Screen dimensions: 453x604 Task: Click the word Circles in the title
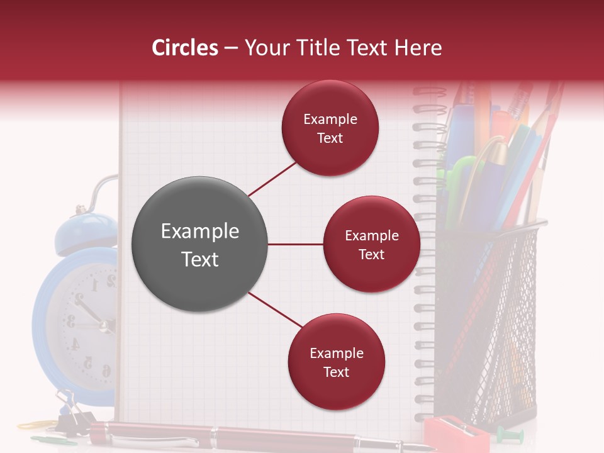tap(185, 48)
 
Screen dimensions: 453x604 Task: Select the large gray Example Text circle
tap(199, 244)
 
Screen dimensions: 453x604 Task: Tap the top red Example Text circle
tap(330, 128)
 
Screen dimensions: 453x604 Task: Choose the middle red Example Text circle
tap(371, 244)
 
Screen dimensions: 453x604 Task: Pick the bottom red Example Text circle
tap(336, 362)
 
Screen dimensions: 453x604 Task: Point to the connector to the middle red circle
tap(296, 244)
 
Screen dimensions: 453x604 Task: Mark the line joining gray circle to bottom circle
tap(274, 310)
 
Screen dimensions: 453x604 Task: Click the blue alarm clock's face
tap(88, 321)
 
